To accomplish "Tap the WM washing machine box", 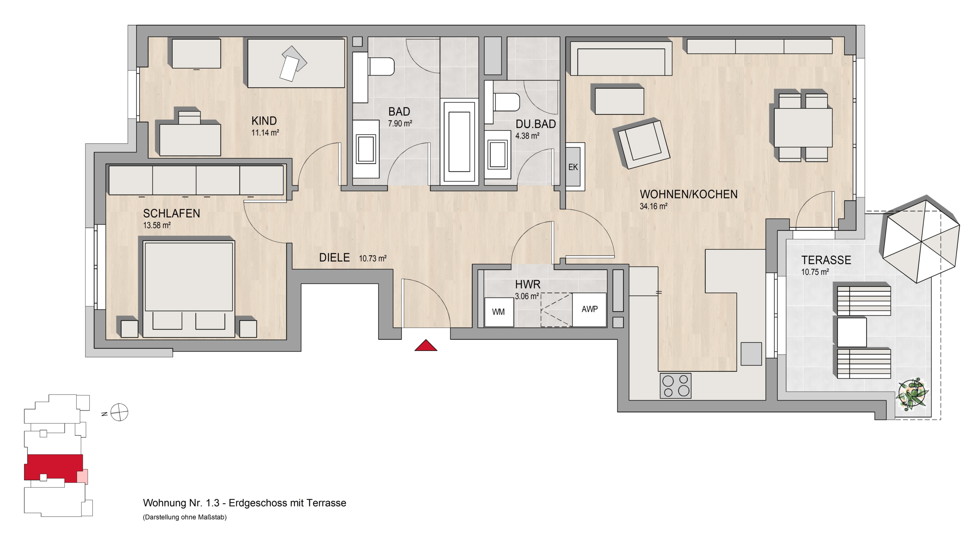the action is pyautogui.click(x=499, y=312).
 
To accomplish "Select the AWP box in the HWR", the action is pyautogui.click(x=589, y=310).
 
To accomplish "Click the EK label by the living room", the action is pyautogui.click(x=573, y=167).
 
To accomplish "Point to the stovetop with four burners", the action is pyautogui.click(x=675, y=386).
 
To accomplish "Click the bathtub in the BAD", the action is pyautogui.click(x=459, y=142).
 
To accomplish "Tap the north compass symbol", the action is pyautogui.click(x=119, y=412).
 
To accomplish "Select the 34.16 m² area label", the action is pyautogui.click(x=653, y=206).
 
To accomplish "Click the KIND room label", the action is pyautogui.click(x=264, y=121).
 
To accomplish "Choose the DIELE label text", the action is pyautogui.click(x=334, y=258).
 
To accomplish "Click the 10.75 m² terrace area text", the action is pyautogui.click(x=815, y=272).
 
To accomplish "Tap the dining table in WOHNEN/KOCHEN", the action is pyautogui.click(x=803, y=128).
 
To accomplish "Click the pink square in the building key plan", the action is pyautogui.click(x=82, y=476).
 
